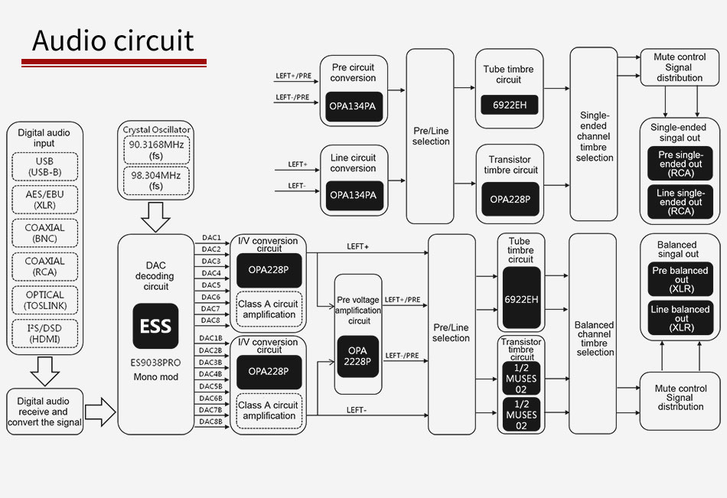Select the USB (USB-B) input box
tap(44, 167)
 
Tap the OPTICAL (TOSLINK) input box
tap(44, 300)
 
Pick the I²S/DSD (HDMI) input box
tap(44, 334)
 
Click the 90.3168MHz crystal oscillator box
tap(156, 150)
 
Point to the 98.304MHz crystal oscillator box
tap(156, 181)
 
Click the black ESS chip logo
tap(156, 326)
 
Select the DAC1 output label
tap(211, 238)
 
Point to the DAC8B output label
tap(211, 422)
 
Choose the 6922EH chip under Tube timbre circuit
tap(509, 105)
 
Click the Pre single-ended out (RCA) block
tap(680, 164)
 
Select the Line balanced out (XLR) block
tap(680, 318)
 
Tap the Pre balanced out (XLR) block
tap(680, 279)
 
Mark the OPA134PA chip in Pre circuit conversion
tap(354, 105)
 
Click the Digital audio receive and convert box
tap(44, 412)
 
